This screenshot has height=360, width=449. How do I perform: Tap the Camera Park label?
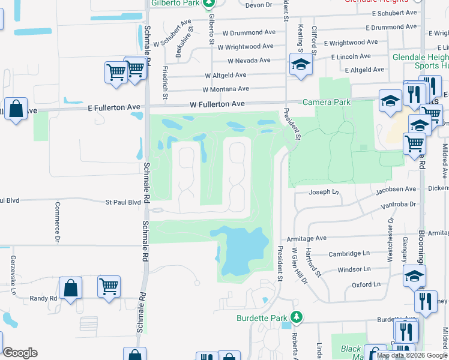(x=326, y=102)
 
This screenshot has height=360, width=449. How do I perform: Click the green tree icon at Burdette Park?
(x=296, y=316)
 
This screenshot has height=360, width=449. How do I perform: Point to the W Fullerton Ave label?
(x=217, y=104)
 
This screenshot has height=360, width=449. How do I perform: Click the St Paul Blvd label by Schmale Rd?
(x=123, y=203)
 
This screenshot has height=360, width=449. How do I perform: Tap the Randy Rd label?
(x=45, y=298)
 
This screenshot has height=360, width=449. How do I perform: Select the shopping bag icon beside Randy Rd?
(x=71, y=288)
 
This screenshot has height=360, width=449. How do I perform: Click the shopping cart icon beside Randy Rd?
(x=109, y=287)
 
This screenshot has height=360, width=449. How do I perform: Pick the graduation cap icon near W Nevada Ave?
(x=301, y=65)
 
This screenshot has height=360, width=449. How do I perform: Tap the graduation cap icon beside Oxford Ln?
(x=414, y=277)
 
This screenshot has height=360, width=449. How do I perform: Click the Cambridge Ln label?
(x=345, y=254)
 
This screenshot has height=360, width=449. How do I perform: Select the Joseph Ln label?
(x=324, y=193)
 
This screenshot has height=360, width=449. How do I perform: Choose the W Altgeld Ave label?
(x=225, y=75)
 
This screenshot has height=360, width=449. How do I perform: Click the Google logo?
(x=20, y=353)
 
